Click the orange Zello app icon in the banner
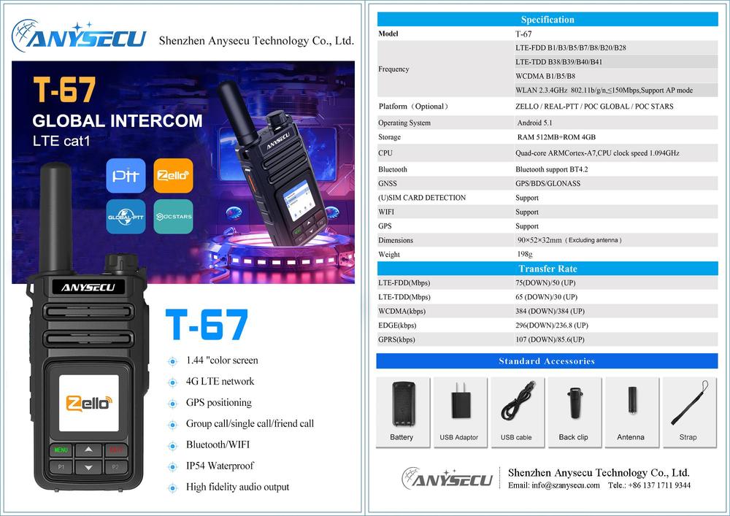coord(173,175)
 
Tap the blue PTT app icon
coord(126,175)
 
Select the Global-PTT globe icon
coord(126,216)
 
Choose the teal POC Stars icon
coord(173,216)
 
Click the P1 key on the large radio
coord(61,466)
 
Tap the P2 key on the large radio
coord(116,466)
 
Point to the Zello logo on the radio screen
coord(89,404)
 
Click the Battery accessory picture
coord(403,404)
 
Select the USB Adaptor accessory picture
coord(461,401)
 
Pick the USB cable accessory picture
coord(518,400)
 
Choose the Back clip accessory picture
coord(575,403)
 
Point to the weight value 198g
coord(525,255)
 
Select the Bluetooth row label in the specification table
coord(393,169)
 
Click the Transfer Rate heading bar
coord(547,269)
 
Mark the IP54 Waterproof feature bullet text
coord(220,466)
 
